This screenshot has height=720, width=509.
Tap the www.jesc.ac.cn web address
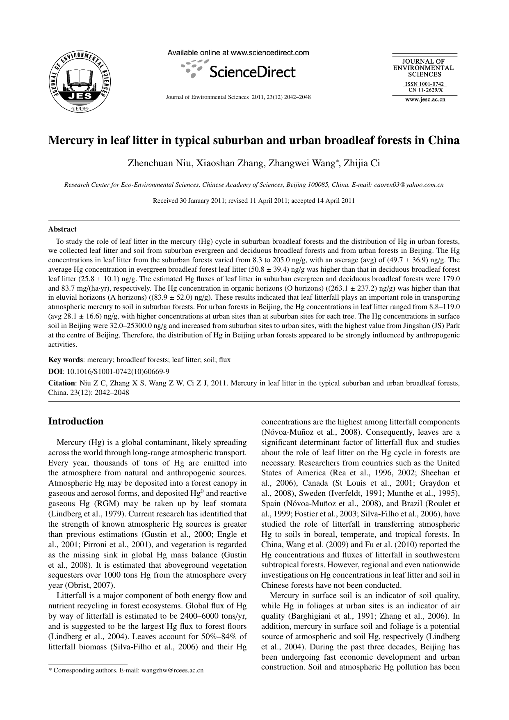[x=425, y=99]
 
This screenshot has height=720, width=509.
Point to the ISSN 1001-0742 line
[x=425, y=84]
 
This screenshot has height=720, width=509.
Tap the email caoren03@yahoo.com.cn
[x=409, y=185]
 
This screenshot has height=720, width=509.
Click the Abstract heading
[x=62, y=229]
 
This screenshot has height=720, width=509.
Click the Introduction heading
[x=76, y=421]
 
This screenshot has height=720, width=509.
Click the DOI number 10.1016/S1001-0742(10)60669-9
[x=118, y=371]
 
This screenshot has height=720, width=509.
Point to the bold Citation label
[x=62, y=383]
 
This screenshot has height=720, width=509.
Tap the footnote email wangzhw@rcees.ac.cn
[x=172, y=670]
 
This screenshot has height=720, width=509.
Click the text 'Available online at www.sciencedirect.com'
[x=238, y=53]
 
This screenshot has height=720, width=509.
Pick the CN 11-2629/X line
[x=425, y=90]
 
